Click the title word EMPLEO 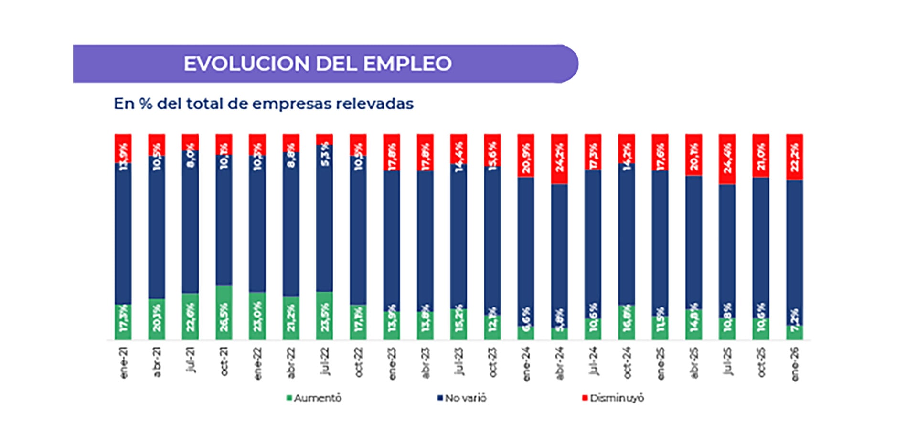tap(407, 64)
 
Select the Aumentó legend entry tap(314, 398)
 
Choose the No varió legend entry tap(462, 398)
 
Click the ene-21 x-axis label tap(124, 363)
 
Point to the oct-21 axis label tap(224, 361)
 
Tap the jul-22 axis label tap(325, 361)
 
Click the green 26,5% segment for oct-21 tap(224, 313)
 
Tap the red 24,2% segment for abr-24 tap(559, 159)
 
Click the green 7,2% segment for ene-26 tap(795, 333)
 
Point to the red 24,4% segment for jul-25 tap(727, 159)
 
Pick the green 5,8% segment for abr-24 tap(559, 334)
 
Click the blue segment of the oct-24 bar tap(627, 234)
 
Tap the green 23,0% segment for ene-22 tap(257, 316)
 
